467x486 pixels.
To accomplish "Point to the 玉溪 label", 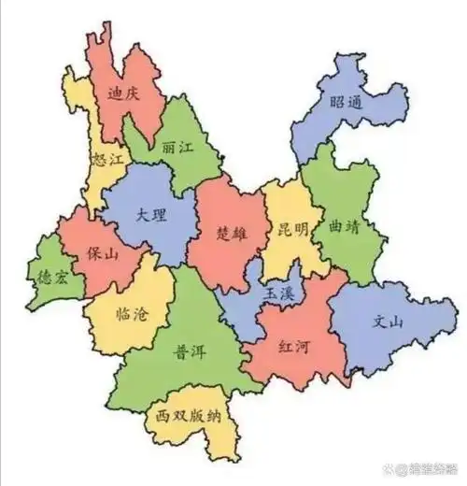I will pyautogui.click(x=279, y=293).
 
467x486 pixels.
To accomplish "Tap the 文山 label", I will pyautogui.click(x=388, y=323).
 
